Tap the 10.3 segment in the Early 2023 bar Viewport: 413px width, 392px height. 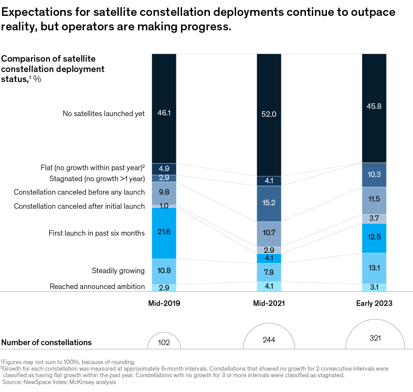(x=374, y=175)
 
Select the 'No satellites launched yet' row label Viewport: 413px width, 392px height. (x=104, y=114)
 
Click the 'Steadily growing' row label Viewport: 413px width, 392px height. (x=118, y=271)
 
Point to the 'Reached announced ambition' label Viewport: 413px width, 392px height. (x=97, y=287)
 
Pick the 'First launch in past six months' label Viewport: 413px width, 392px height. (x=97, y=233)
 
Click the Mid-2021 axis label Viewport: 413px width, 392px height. (x=269, y=303)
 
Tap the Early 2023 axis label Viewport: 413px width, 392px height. (x=374, y=303)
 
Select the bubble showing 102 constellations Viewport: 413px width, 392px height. (x=164, y=342)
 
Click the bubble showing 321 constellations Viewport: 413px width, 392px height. (x=375, y=338)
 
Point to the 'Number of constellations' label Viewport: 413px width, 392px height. (x=46, y=342)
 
